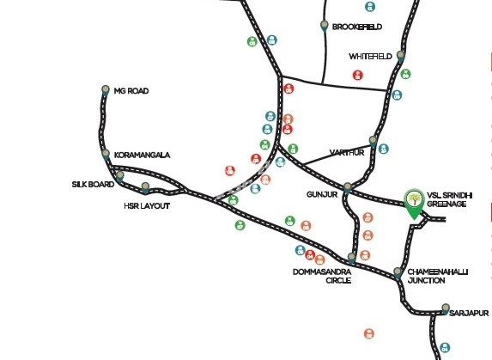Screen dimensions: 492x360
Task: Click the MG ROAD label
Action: pos(131,91)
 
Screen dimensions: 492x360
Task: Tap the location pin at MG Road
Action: pos(106,90)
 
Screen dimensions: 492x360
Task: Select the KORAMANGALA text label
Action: pos(142,155)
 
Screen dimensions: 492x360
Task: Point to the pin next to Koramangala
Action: pos(106,155)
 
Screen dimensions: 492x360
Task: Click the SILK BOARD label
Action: pos(93,184)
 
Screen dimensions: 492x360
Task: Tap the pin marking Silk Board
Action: pos(119,176)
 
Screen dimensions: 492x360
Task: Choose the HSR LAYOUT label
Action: pos(147,206)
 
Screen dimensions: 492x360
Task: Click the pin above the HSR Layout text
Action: pos(145,187)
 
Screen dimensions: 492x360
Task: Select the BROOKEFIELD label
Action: pos(356,27)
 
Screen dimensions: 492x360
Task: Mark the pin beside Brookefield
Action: pos(325,26)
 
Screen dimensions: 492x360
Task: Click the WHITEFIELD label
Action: pos(370,57)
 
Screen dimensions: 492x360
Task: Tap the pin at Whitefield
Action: pos(400,56)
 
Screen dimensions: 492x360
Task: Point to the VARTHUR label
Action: pos(347,153)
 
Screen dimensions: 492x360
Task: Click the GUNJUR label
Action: pos(322,194)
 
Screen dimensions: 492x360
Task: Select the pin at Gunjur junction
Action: pos(348,187)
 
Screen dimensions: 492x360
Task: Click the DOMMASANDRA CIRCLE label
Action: pos(322,276)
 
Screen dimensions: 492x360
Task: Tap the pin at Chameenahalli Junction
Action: pos(398,272)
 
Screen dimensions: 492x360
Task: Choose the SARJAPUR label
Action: pos(469,314)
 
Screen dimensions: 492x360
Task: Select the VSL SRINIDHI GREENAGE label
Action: pos(449,199)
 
